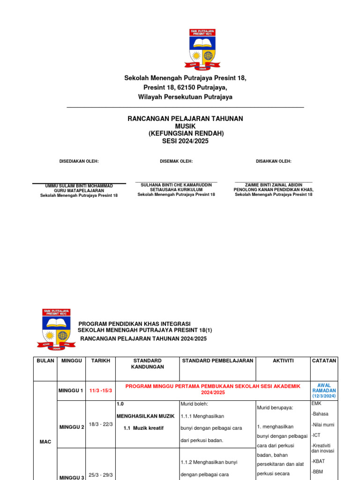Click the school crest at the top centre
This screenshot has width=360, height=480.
(x=203, y=49)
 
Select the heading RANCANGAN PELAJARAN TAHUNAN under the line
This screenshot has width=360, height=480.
(x=185, y=119)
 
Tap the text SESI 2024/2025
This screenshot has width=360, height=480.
(x=185, y=141)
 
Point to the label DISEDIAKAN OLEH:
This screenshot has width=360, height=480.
(x=79, y=161)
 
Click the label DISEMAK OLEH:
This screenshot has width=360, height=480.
(x=176, y=161)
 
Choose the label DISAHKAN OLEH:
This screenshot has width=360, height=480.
(x=273, y=161)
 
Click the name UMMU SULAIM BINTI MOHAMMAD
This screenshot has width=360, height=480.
(x=79, y=186)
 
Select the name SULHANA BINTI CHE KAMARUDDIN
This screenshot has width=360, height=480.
(x=176, y=185)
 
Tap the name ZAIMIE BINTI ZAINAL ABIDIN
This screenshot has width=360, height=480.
(x=273, y=185)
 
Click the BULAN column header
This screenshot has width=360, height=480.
(x=45, y=361)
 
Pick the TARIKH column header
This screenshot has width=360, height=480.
(x=101, y=361)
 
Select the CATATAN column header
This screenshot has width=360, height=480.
(x=324, y=361)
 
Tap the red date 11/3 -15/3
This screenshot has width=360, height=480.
(x=100, y=390)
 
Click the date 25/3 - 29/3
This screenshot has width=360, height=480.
(x=101, y=475)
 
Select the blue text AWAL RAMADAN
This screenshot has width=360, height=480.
(x=324, y=388)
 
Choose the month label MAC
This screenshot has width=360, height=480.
(x=45, y=442)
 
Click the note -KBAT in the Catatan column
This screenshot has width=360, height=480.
(x=318, y=461)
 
